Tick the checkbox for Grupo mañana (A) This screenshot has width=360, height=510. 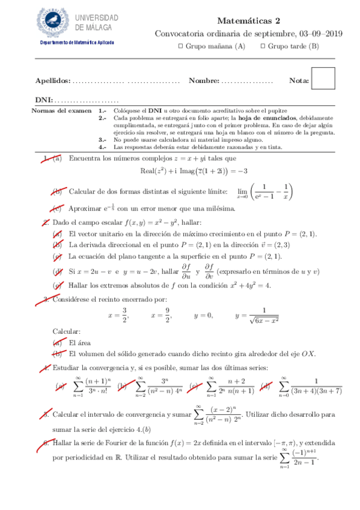182,46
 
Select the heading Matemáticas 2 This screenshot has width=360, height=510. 249,20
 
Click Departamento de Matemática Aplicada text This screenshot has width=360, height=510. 76,43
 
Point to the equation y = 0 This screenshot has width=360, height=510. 203,315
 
